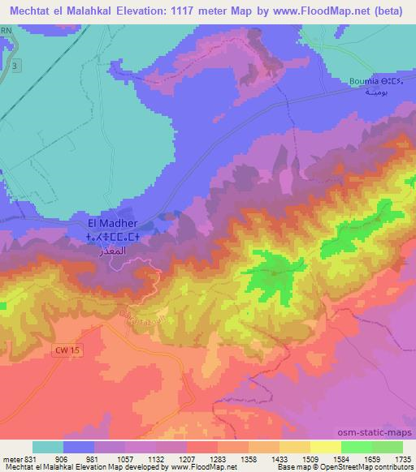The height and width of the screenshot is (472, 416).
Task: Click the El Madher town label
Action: coord(113,223)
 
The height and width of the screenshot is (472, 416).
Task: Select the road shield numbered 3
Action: coord(15,65)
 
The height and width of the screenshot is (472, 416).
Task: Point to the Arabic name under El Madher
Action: coord(113,251)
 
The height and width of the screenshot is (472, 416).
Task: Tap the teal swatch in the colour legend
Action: coord(48,447)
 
